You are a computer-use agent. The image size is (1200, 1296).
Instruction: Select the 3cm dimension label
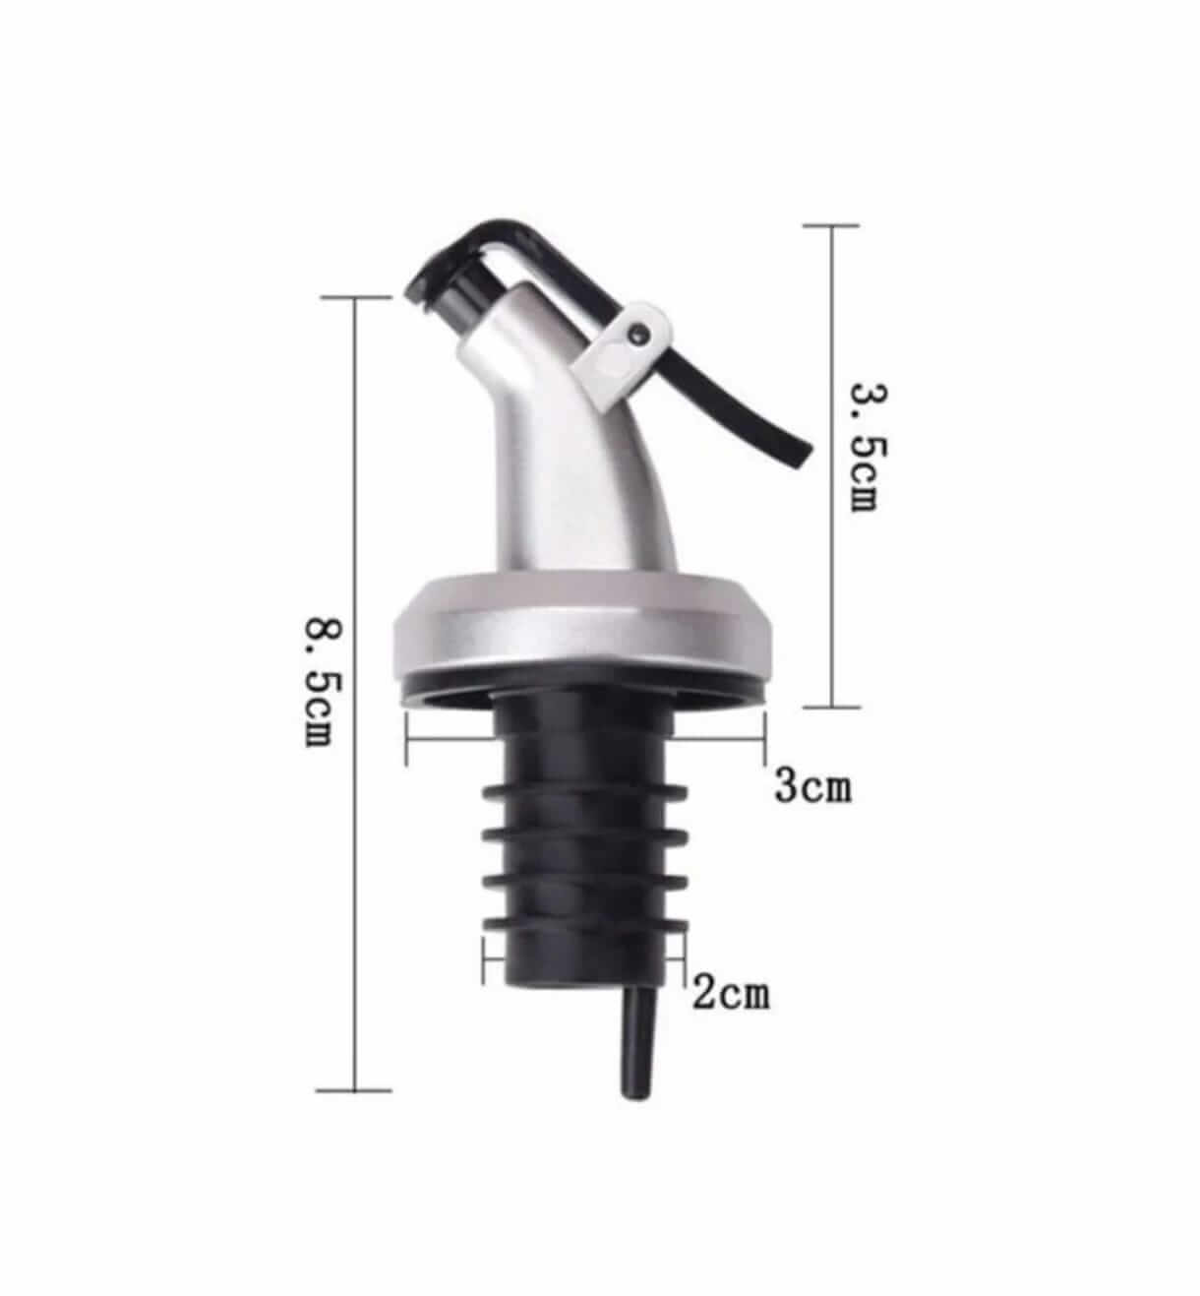point(813,786)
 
